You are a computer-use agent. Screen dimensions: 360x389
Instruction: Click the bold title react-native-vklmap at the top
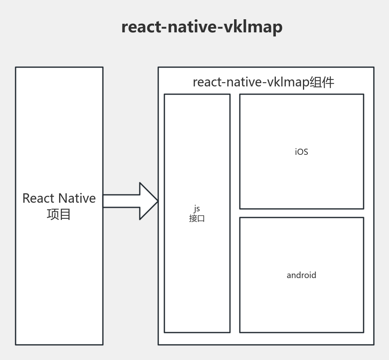(202, 27)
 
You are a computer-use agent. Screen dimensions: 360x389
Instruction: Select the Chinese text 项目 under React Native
(59, 214)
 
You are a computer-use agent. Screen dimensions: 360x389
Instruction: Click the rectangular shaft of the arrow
(121, 201)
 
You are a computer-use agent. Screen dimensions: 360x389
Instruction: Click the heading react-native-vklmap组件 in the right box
(264, 82)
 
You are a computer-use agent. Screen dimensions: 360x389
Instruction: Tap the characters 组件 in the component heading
(322, 82)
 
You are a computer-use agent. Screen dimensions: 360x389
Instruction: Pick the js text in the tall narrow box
(197, 208)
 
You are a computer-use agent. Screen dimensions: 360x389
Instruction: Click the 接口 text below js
(197, 218)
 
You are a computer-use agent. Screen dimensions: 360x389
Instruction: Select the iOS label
(301, 152)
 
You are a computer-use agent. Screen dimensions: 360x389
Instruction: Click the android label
(301, 275)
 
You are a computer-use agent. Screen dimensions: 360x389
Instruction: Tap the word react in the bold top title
(141, 27)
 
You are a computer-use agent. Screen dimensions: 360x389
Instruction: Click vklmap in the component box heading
(288, 82)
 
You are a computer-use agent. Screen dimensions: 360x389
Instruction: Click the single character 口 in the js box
(201, 218)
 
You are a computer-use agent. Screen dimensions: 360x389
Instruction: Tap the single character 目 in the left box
(65, 214)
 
